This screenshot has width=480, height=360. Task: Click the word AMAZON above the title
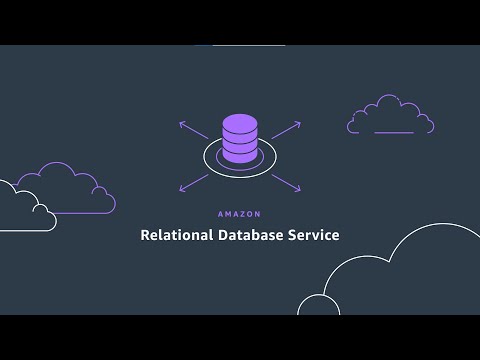240,214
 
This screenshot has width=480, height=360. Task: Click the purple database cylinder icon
239,139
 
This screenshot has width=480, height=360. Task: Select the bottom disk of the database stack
239,154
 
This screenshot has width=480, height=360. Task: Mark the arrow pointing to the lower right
287,182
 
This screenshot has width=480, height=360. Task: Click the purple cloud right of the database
390,117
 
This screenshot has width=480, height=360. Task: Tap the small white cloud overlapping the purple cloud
24,208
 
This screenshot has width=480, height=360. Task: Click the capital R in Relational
145,236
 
